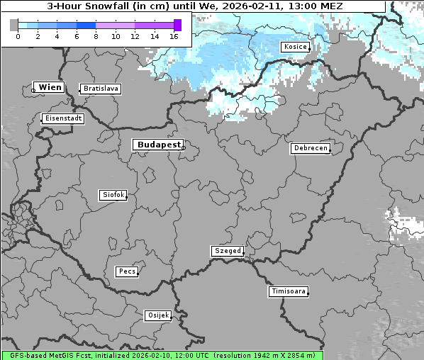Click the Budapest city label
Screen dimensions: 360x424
158,145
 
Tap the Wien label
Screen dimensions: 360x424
50,87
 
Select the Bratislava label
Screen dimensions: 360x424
100,89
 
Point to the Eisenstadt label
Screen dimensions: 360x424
62,118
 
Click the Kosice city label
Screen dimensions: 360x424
294,47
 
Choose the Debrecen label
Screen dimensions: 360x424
310,148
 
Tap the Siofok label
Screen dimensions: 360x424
113,195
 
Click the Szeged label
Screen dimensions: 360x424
227,251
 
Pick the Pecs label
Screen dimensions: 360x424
127,271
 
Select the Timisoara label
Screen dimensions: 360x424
288,291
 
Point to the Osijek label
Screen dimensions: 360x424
157,315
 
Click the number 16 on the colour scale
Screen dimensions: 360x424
174,35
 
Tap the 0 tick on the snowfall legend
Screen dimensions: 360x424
18,35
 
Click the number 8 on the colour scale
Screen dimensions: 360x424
96,35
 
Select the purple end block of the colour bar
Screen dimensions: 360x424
177,25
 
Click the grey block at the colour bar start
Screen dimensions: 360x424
14,25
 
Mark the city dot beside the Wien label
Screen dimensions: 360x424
33,90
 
